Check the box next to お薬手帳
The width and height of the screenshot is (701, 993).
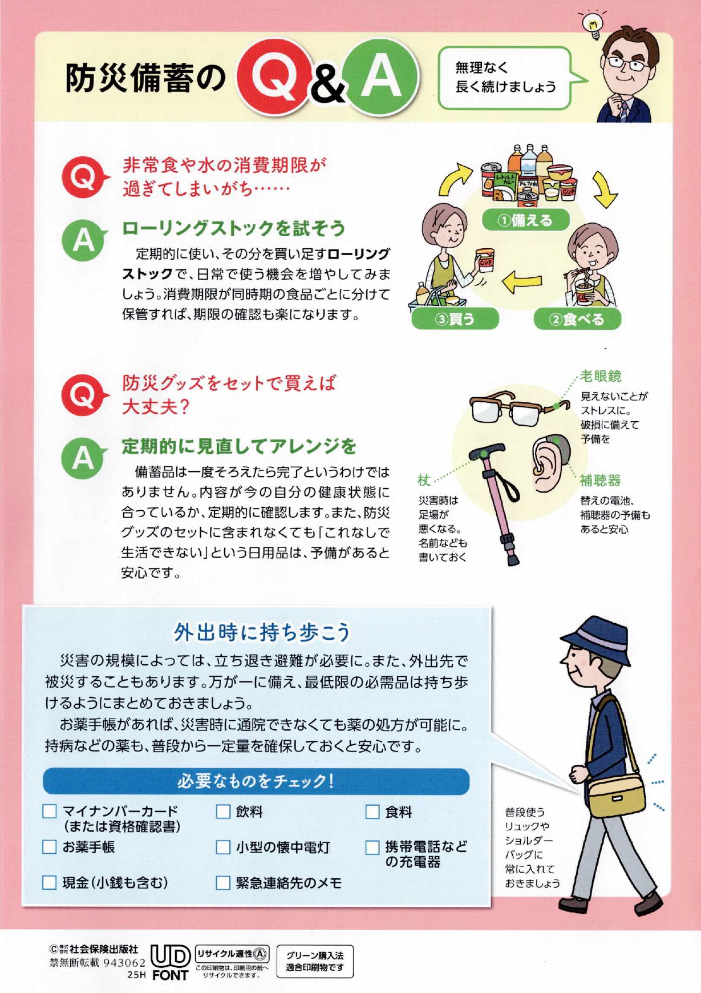(50, 847)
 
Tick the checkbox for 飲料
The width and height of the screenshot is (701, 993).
(223, 812)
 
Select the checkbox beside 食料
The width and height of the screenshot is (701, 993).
(372, 812)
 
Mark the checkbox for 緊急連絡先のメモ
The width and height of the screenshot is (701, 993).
(223, 883)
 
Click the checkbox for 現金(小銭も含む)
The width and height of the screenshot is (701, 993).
(50, 883)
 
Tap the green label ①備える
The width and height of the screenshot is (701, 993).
(525, 220)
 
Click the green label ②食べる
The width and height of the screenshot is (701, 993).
(577, 319)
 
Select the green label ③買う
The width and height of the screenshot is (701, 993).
(455, 319)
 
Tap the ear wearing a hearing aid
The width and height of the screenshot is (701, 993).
(549, 462)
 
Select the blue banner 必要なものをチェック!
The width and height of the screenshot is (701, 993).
(256, 781)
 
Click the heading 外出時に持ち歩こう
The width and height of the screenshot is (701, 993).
(262, 632)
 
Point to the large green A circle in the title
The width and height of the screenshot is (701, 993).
(380, 78)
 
